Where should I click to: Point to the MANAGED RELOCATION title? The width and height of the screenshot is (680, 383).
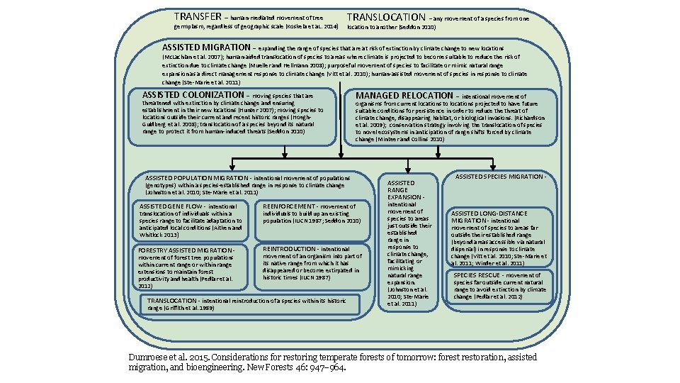404,95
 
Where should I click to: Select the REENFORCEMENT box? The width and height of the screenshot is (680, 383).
308,213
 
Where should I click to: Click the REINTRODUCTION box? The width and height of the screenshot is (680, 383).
308,266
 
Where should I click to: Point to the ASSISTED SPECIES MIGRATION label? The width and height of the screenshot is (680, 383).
500,177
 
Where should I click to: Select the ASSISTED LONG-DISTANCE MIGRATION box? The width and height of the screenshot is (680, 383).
500,237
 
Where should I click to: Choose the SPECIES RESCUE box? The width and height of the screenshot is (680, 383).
500,285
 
